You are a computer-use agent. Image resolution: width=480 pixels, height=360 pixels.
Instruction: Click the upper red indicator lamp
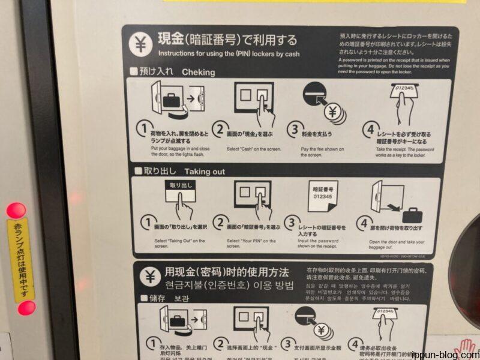[16, 211]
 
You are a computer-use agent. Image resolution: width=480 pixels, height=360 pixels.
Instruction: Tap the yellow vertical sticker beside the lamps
[21, 259]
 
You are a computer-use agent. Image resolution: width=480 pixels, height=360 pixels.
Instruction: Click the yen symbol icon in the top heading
[140, 44]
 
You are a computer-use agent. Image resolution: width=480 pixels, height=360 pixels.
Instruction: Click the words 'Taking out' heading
[205, 171]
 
